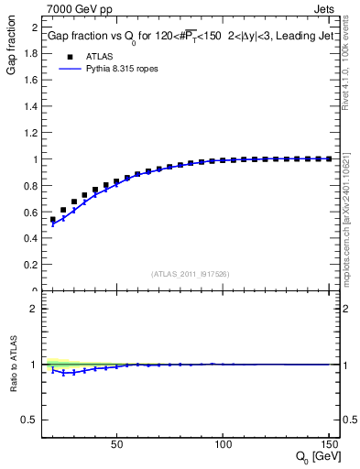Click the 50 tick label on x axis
click(116, 446)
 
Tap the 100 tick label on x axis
click(223, 446)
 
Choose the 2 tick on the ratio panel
click(33, 309)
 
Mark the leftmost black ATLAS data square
click(53, 220)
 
